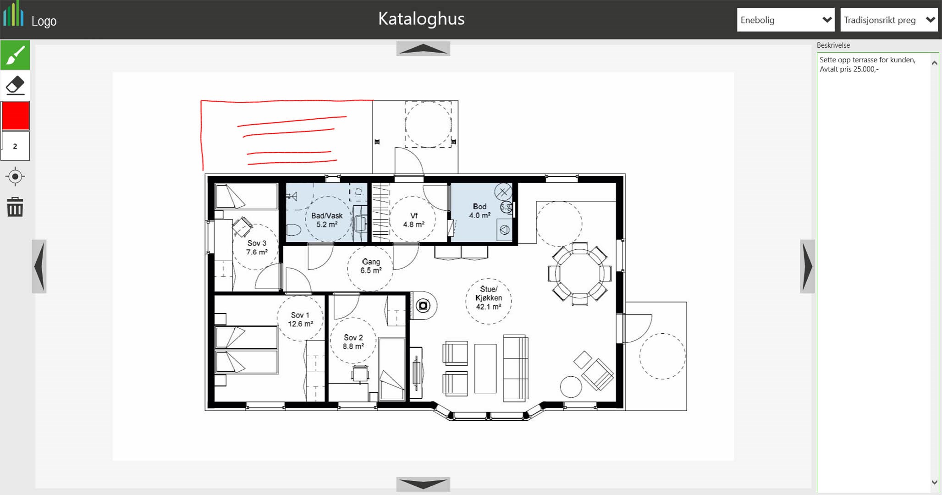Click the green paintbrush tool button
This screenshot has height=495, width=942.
[15, 55]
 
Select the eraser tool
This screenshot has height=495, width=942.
[15, 85]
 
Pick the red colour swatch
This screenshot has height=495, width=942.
[15, 115]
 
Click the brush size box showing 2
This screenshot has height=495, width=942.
[15, 146]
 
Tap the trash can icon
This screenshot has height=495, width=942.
[15, 207]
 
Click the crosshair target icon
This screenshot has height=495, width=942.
[15, 176]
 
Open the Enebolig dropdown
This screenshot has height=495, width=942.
[786, 20]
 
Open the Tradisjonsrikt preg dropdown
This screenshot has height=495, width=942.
[889, 20]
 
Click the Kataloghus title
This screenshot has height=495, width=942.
[421, 19]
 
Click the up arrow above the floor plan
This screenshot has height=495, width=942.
[423, 49]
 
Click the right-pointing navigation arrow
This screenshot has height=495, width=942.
[807, 266]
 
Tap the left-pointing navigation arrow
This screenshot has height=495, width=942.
[39, 266]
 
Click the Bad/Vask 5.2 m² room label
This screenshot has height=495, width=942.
[327, 220]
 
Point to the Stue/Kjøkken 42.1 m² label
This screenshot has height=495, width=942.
[488, 298]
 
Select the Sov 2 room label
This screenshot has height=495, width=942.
[353, 342]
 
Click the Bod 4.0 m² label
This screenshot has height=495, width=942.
[479, 211]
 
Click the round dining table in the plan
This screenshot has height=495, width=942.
[579, 274]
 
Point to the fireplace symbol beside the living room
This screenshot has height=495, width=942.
[423, 305]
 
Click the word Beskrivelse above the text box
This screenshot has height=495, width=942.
[833, 45]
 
